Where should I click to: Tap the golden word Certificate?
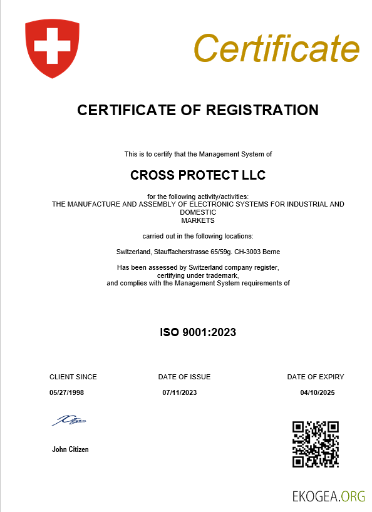[x=276, y=47]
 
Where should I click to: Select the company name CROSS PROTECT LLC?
[x=198, y=175]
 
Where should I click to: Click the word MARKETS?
[x=198, y=220]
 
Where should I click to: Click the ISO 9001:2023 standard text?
[x=198, y=332]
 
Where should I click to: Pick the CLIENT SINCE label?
[x=73, y=377]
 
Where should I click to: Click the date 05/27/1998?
[x=66, y=392]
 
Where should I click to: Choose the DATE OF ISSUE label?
[x=184, y=377]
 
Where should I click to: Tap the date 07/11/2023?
[x=180, y=392]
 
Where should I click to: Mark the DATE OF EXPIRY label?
[x=316, y=377]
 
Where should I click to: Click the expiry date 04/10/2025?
[x=318, y=392]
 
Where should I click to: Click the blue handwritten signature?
[x=70, y=421]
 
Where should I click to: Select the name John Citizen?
[x=70, y=449]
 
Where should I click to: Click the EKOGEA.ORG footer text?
[x=328, y=496]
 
